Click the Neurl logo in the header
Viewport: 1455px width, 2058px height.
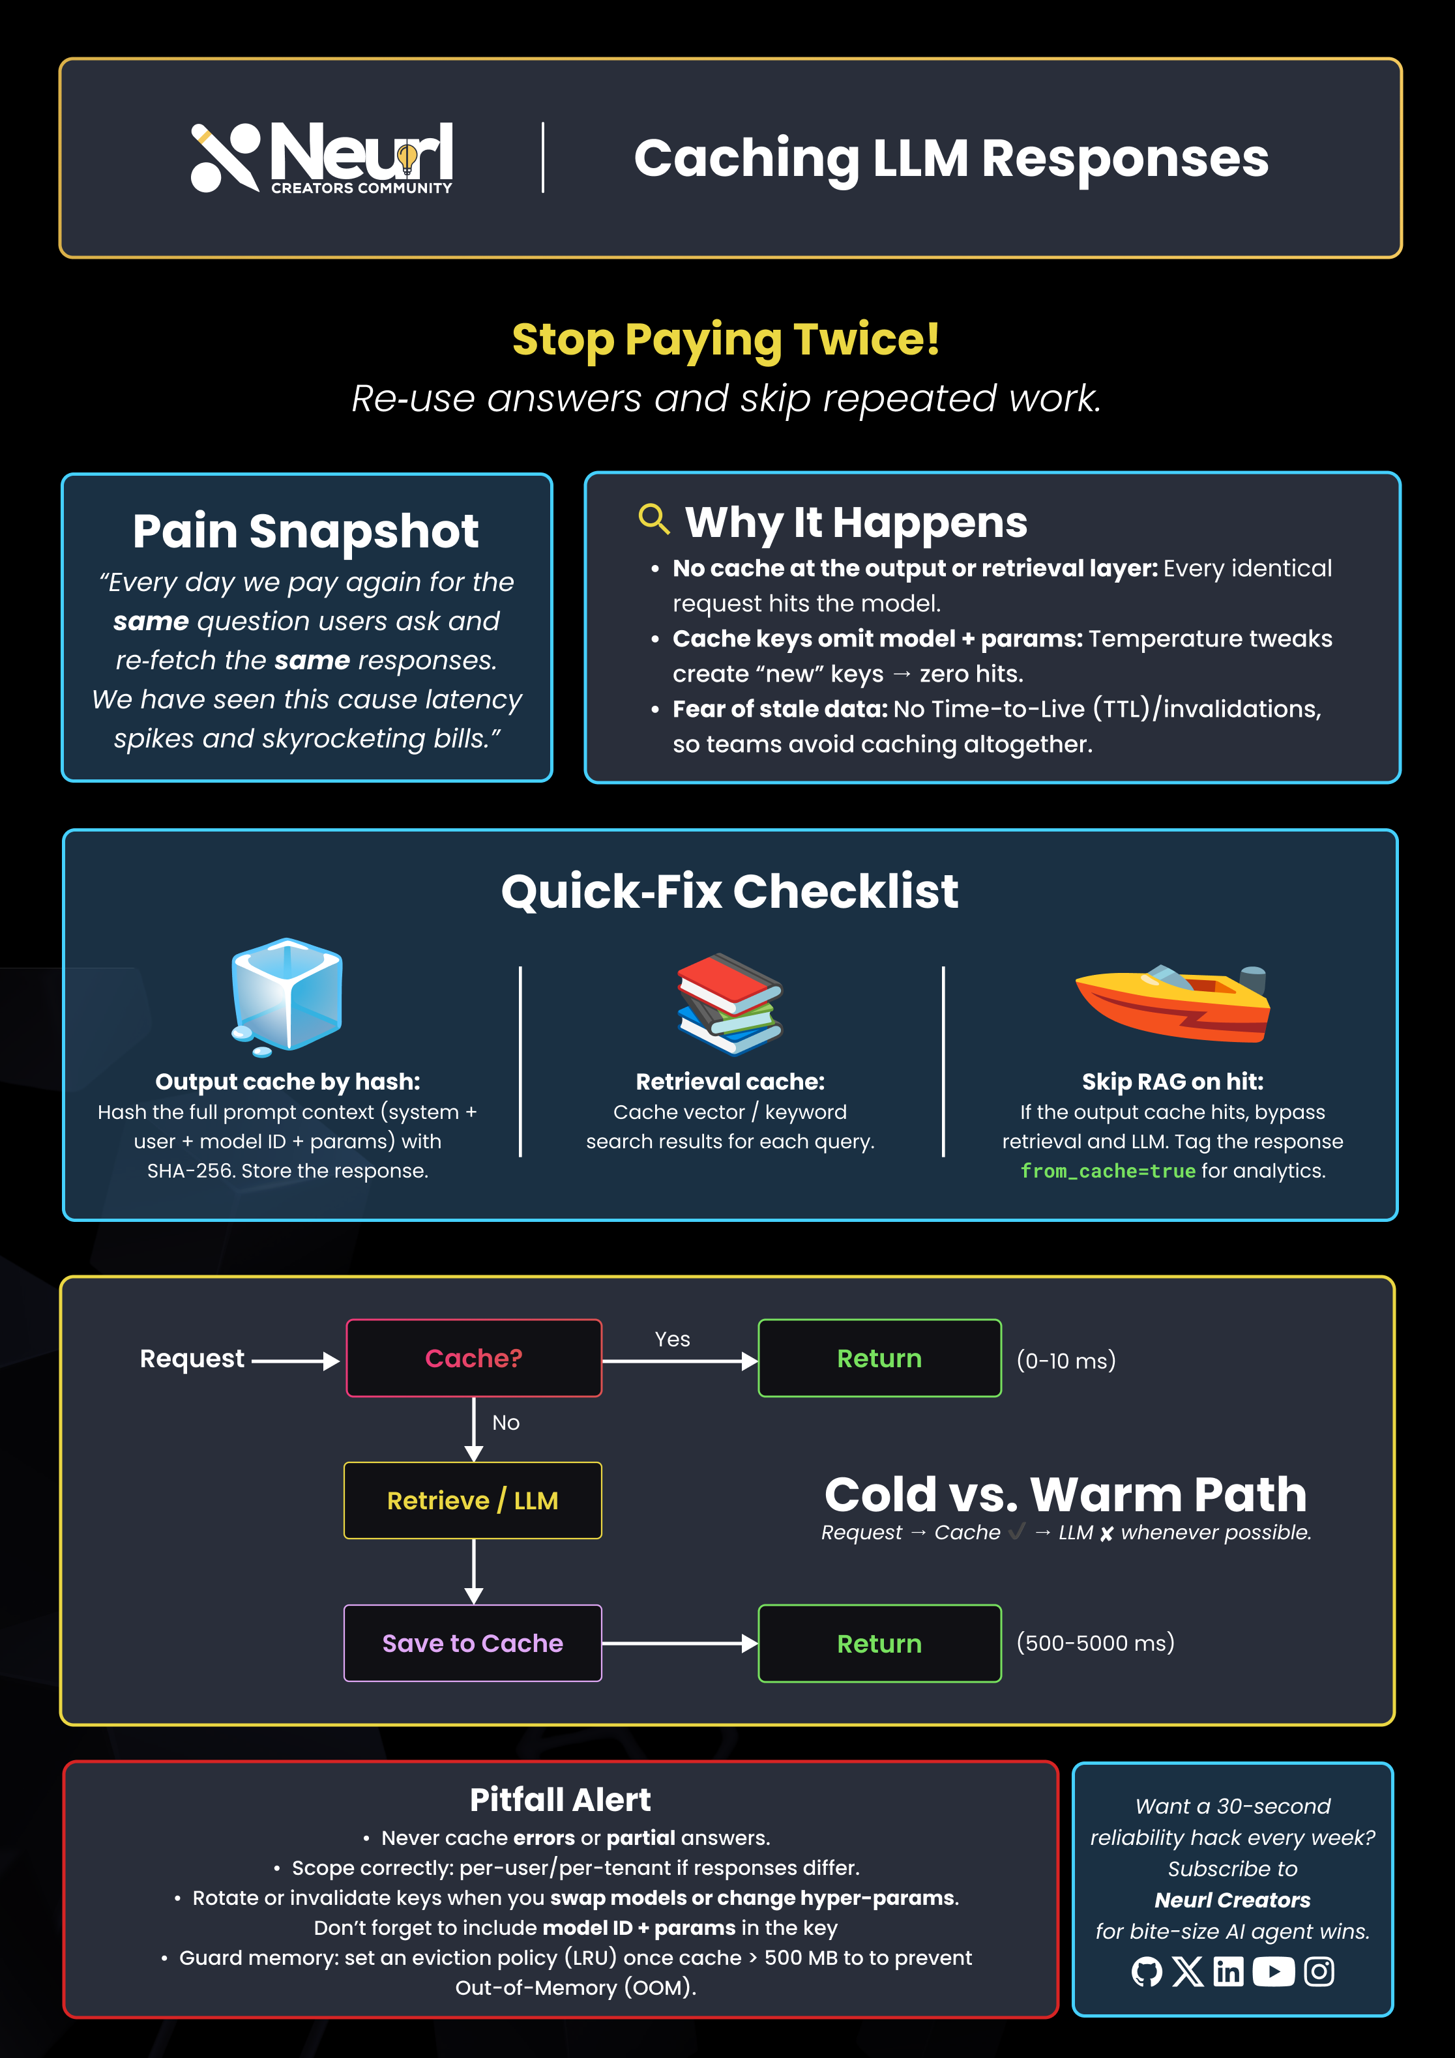click(x=322, y=157)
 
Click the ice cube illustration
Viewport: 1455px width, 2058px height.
click(x=287, y=996)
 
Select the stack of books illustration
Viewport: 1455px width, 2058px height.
click(x=729, y=1003)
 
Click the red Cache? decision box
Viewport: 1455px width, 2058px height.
click(x=473, y=1358)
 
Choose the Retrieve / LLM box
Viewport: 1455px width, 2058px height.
click(x=473, y=1500)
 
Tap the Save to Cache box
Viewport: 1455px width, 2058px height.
click(x=473, y=1643)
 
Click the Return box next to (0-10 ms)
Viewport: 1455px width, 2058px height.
click(x=879, y=1358)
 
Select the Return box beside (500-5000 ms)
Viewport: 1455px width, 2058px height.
click(x=879, y=1643)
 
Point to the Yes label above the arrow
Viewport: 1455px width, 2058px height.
click(x=672, y=1339)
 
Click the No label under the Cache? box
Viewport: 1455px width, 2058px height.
click(x=506, y=1423)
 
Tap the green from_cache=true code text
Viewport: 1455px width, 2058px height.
click(x=1108, y=1170)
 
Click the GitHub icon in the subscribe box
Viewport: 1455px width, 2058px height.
click(x=1147, y=1971)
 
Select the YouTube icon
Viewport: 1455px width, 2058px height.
click(x=1273, y=1971)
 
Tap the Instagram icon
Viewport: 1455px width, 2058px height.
click(x=1319, y=1971)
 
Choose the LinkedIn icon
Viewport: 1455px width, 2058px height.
click(x=1228, y=1971)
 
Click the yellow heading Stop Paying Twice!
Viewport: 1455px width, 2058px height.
click(x=726, y=340)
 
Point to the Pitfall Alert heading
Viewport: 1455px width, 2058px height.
click(x=561, y=1799)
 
